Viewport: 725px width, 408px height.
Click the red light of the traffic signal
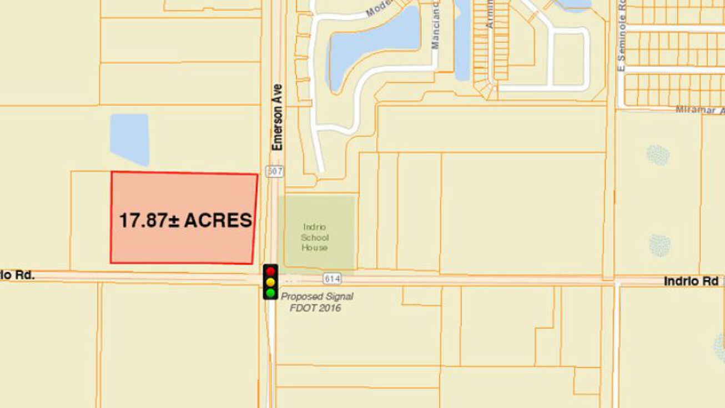[x=270, y=271]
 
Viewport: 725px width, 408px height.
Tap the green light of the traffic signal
[x=270, y=292]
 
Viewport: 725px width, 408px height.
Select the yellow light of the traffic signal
[x=270, y=282]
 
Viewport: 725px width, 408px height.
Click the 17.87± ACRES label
[x=185, y=221]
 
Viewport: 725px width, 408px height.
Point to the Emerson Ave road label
[x=278, y=117]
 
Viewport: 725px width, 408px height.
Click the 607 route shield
[x=275, y=171]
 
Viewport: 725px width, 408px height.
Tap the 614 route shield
[x=331, y=278]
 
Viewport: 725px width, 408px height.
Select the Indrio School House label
[x=315, y=237]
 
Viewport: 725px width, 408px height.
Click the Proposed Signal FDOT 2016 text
[x=316, y=302]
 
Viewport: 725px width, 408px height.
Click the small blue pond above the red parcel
[x=129, y=139]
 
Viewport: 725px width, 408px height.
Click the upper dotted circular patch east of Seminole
[x=658, y=155]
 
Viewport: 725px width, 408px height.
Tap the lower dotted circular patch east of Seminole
[x=659, y=245]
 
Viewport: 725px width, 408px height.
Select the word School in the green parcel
[x=315, y=237]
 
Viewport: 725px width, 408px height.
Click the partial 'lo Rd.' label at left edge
[x=17, y=275]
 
